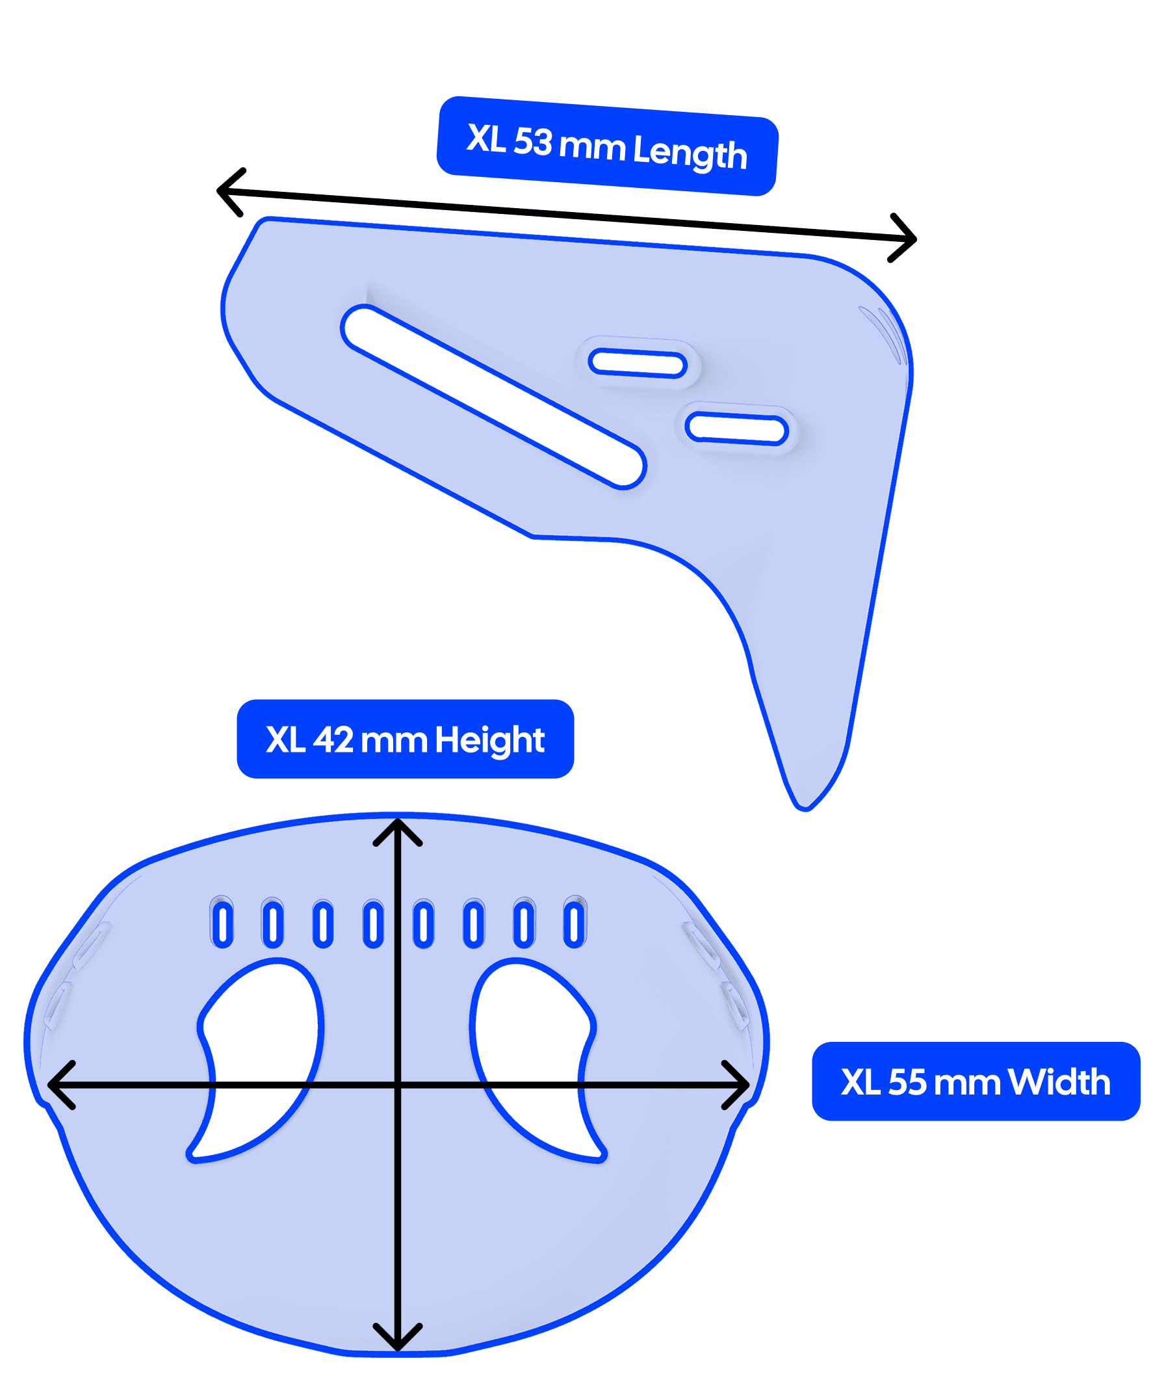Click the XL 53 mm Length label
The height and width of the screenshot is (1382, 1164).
[607, 146]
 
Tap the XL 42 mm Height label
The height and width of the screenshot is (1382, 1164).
[405, 739]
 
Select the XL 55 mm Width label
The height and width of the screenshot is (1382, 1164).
[976, 1082]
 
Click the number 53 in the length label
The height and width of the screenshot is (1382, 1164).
[532, 141]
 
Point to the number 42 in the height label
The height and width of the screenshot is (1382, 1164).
[333, 739]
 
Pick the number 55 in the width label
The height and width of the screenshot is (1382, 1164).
[907, 1082]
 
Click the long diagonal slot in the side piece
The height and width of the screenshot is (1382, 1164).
[493, 396]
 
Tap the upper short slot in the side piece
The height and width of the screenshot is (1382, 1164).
[638, 364]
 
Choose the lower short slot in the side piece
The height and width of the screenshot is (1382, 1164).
[736, 429]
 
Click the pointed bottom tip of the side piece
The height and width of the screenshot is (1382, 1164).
[805, 804]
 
